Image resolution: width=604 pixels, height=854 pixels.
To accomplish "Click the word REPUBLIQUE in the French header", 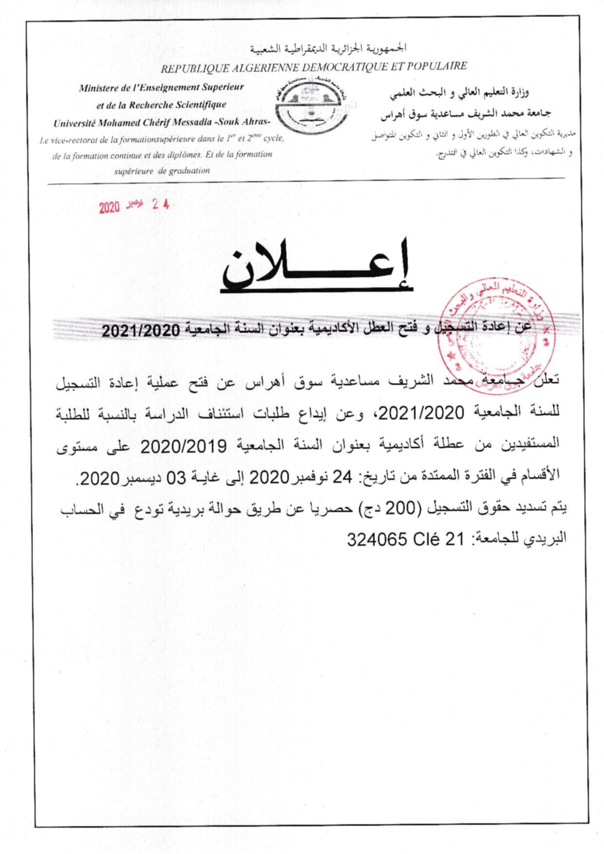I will (x=188, y=69).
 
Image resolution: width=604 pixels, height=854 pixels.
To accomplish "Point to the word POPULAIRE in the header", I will (x=439, y=66).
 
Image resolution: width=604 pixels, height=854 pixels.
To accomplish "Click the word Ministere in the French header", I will (x=98, y=89).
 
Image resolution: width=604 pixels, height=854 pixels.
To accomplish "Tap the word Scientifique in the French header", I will (x=199, y=105).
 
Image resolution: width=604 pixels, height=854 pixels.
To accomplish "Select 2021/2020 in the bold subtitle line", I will (x=141, y=331).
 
